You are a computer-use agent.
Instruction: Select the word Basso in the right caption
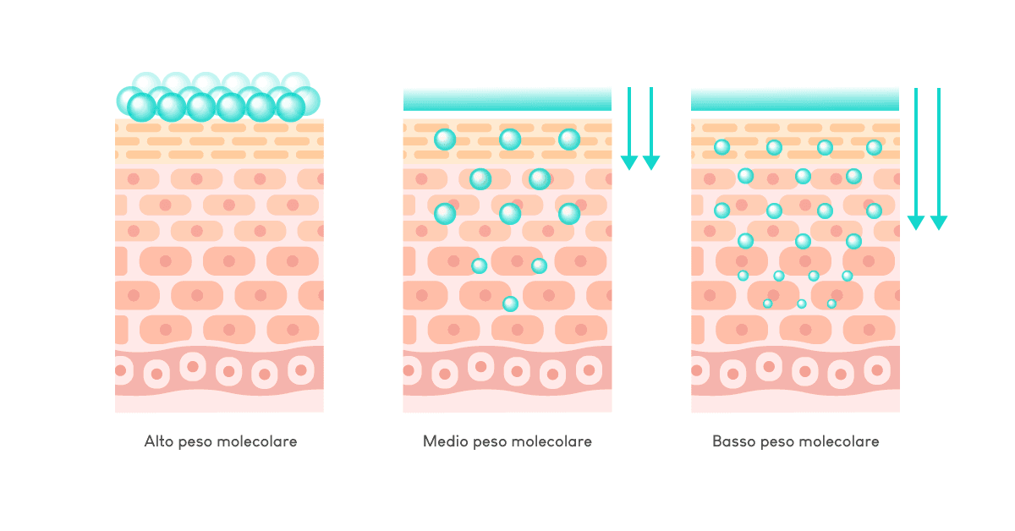pyautogui.click(x=732, y=441)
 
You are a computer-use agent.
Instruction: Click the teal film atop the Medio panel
pyautogui.click(x=507, y=100)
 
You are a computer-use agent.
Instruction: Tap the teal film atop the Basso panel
pyautogui.click(x=795, y=100)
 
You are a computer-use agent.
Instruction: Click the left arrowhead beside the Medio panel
pyautogui.click(x=628, y=162)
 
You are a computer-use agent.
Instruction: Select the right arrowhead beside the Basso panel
pyautogui.click(x=939, y=222)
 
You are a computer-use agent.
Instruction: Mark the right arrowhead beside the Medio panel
pyautogui.click(x=650, y=162)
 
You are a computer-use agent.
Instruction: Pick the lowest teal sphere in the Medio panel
pyautogui.click(x=510, y=304)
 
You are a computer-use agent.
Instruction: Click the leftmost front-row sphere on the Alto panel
pyautogui.click(x=142, y=107)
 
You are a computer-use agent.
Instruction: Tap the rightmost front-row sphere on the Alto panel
pyautogui.click(x=290, y=107)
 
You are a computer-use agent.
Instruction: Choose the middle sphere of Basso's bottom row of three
pyautogui.click(x=801, y=304)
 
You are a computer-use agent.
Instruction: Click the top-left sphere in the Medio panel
pyautogui.click(x=445, y=140)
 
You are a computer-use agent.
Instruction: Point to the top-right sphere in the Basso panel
pyautogui.click(x=874, y=148)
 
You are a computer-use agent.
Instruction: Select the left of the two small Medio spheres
pyautogui.click(x=479, y=265)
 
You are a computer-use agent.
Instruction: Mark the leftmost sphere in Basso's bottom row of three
pyautogui.click(x=767, y=304)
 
